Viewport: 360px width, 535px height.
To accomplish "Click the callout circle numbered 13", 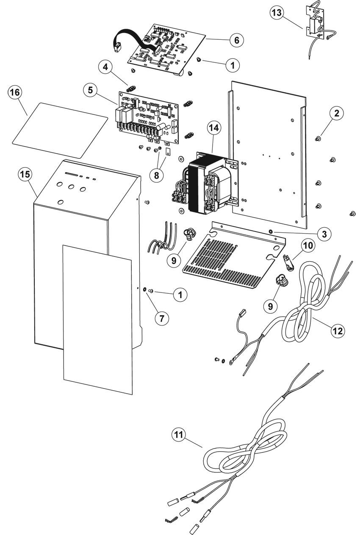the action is coord(277,13).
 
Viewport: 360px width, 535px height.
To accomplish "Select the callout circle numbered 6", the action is coord(237,40).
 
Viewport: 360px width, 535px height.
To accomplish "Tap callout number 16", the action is coord(15,92).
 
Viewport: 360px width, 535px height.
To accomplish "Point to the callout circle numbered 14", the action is coord(214,128).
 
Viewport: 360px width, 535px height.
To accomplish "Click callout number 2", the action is coord(337,113).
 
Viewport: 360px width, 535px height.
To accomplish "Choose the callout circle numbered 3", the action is coord(324,234).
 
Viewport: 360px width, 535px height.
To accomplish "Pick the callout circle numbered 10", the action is coord(308,245).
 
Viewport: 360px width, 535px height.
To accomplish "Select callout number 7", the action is coord(162,318).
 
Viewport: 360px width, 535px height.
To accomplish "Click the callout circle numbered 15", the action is coord(25,174).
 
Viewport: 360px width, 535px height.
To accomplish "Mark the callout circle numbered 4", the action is coord(105,67).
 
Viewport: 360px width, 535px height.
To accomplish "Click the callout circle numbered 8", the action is coord(157,176).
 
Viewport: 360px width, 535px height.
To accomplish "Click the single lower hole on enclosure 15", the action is coord(61,202).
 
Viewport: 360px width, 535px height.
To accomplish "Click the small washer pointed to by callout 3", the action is coord(270,231).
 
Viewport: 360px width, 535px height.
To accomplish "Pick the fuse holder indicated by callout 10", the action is coord(288,261).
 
